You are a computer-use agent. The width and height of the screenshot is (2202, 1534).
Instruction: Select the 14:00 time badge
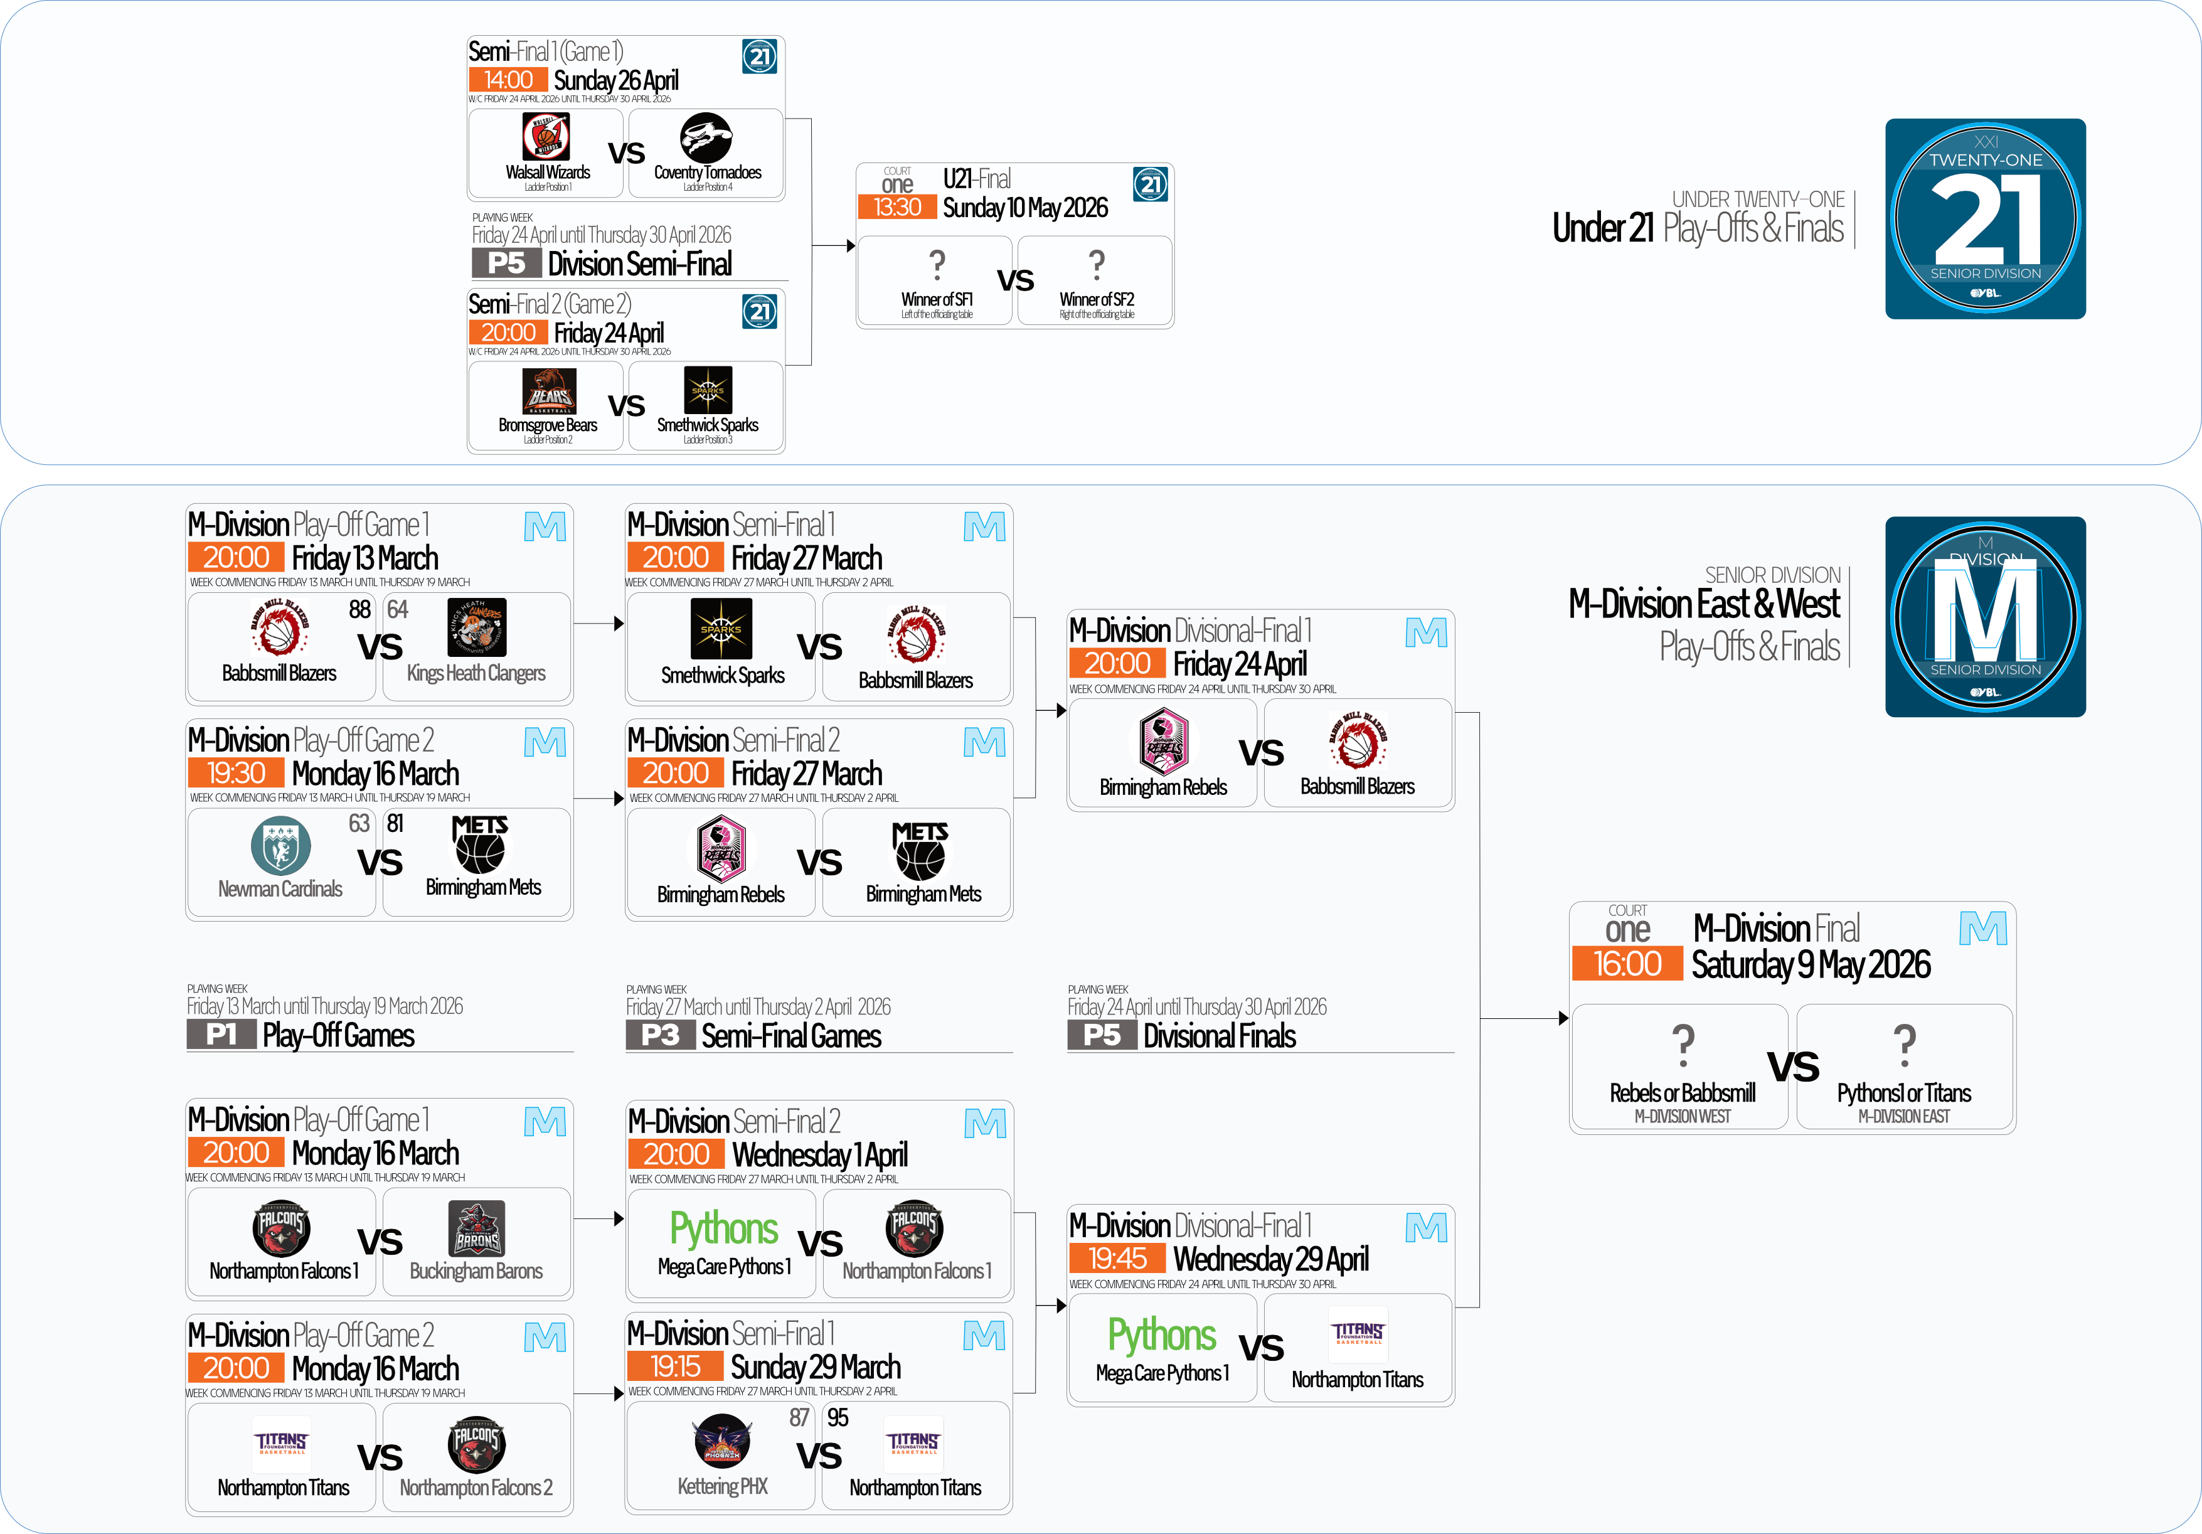508,80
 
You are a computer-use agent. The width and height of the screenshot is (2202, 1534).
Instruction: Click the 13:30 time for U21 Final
896,207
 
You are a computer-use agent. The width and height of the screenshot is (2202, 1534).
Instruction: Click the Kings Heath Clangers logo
477,627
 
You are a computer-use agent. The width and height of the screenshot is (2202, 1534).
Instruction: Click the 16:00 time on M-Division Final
1627,963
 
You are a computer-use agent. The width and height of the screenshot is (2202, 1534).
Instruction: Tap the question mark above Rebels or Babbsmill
1682,1044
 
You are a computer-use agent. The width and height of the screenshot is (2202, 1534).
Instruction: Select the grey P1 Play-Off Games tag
221,1034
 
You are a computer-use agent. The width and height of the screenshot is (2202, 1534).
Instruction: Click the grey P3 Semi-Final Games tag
660,1035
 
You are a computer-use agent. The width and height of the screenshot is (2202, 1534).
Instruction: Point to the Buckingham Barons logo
477,1229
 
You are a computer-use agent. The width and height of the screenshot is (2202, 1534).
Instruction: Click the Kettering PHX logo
722,1441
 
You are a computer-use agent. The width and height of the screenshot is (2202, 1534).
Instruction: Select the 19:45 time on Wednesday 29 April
1117,1258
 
